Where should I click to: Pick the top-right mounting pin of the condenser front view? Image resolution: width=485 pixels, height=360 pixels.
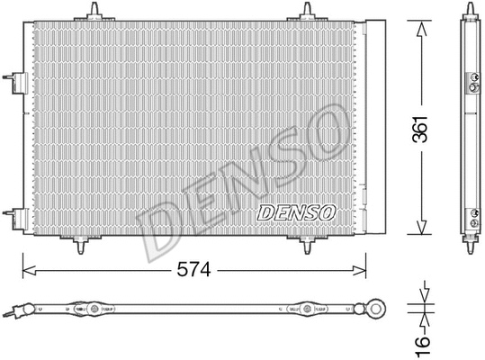tap(307, 10)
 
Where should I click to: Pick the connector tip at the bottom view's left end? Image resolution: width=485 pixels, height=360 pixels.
tap(10, 312)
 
